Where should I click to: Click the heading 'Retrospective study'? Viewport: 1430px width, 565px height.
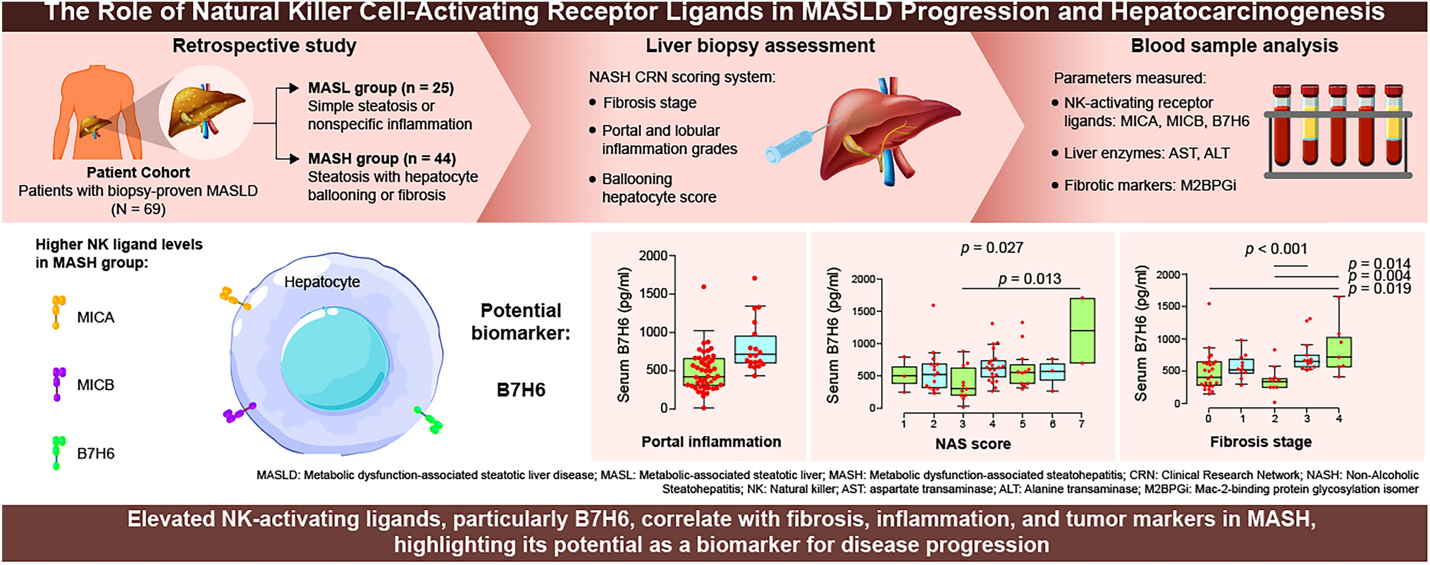264,46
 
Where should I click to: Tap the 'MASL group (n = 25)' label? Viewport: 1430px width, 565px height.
381,88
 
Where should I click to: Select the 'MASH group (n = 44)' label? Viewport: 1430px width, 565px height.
381,159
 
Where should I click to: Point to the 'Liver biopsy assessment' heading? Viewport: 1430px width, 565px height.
760,46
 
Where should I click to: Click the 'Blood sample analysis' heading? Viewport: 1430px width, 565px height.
1234,46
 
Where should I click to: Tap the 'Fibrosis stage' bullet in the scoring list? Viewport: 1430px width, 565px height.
649,103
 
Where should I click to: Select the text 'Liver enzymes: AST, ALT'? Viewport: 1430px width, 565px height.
1146,154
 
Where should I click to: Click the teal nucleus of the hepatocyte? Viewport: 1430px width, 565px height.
335,359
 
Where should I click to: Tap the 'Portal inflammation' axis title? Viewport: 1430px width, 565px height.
710,442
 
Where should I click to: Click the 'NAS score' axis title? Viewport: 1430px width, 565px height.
973,444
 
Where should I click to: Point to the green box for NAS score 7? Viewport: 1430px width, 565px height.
1082,330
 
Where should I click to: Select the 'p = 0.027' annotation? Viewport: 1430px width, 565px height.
992,248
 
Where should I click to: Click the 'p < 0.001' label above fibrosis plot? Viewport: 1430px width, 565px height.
1276,249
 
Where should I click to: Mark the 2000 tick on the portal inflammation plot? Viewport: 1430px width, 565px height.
653,256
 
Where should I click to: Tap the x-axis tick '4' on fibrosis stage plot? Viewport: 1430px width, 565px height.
1339,418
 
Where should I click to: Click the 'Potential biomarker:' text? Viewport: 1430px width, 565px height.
521,321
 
